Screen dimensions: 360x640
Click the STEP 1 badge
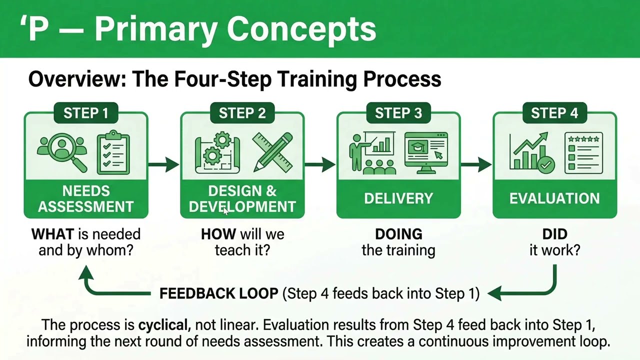coord(85,113)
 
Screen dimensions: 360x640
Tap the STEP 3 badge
coord(398,113)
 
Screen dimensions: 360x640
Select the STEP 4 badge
coord(554,113)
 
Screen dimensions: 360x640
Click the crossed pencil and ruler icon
coord(272,151)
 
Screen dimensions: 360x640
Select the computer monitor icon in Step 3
coord(426,152)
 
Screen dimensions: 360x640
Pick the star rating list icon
coord(583,152)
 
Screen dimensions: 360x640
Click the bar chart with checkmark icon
coord(531,152)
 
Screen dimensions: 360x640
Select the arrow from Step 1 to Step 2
coord(164,164)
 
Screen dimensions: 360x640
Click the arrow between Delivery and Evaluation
coord(476,164)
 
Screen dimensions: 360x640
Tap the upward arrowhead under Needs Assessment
coord(86,272)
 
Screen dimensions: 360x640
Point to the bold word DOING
coord(398,234)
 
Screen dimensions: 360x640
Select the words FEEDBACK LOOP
coord(218,293)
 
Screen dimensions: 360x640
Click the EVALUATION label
coord(554,198)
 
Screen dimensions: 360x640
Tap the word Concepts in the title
coord(301,28)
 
